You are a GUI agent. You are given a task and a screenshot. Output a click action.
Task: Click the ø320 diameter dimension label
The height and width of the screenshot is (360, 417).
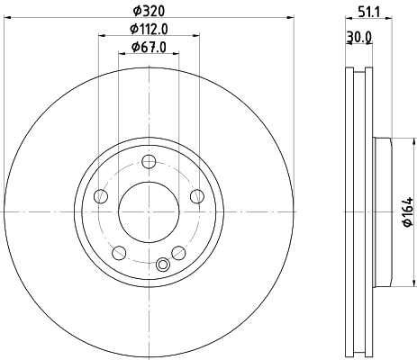coord(150,8)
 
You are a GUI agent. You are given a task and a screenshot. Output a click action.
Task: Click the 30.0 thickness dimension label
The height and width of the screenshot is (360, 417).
coord(361,37)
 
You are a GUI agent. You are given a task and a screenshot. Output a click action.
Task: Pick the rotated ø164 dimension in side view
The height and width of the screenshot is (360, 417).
coord(407,211)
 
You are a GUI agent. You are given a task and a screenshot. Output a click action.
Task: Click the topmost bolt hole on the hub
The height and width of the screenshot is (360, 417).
coord(150,162)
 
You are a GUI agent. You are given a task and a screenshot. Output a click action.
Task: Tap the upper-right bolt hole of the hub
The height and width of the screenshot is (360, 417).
coord(197,196)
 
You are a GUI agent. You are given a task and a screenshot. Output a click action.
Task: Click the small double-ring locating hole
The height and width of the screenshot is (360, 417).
coord(163,265)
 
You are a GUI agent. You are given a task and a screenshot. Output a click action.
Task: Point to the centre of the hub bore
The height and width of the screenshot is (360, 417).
coord(150,212)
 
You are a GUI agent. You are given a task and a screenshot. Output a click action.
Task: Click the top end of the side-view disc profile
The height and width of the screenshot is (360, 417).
coord(359,69)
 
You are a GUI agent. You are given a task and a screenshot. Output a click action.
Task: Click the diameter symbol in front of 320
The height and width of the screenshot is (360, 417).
coord(135,8)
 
